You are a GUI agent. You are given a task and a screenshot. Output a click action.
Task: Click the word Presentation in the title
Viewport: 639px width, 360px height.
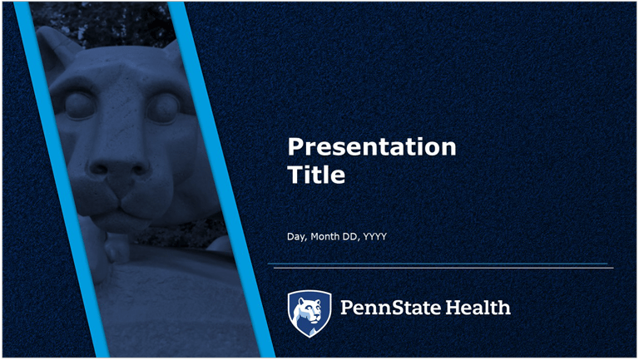point(372,146)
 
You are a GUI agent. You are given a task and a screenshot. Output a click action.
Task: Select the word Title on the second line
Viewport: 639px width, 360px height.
point(316,175)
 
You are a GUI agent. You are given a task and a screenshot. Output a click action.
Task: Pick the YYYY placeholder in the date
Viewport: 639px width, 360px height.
point(375,236)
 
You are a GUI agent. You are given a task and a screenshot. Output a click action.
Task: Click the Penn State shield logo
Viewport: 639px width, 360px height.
point(310,313)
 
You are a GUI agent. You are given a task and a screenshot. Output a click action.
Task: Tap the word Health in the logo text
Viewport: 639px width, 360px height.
point(478,307)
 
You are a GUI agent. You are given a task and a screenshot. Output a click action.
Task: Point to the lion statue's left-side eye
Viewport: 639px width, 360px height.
point(80,105)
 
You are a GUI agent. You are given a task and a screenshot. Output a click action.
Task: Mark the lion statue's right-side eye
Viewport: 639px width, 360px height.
point(163,108)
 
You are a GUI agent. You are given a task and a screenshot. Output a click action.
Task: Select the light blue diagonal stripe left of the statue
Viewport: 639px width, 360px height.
point(62,180)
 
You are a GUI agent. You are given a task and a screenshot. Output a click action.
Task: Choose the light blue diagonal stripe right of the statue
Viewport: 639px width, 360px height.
point(221,180)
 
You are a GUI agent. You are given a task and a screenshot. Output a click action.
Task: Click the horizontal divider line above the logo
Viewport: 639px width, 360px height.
point(440,266)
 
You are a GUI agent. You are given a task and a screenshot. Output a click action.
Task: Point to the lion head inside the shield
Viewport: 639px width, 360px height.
point(310,311)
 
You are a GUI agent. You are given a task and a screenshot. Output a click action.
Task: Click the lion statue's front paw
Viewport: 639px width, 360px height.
point(116,248)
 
